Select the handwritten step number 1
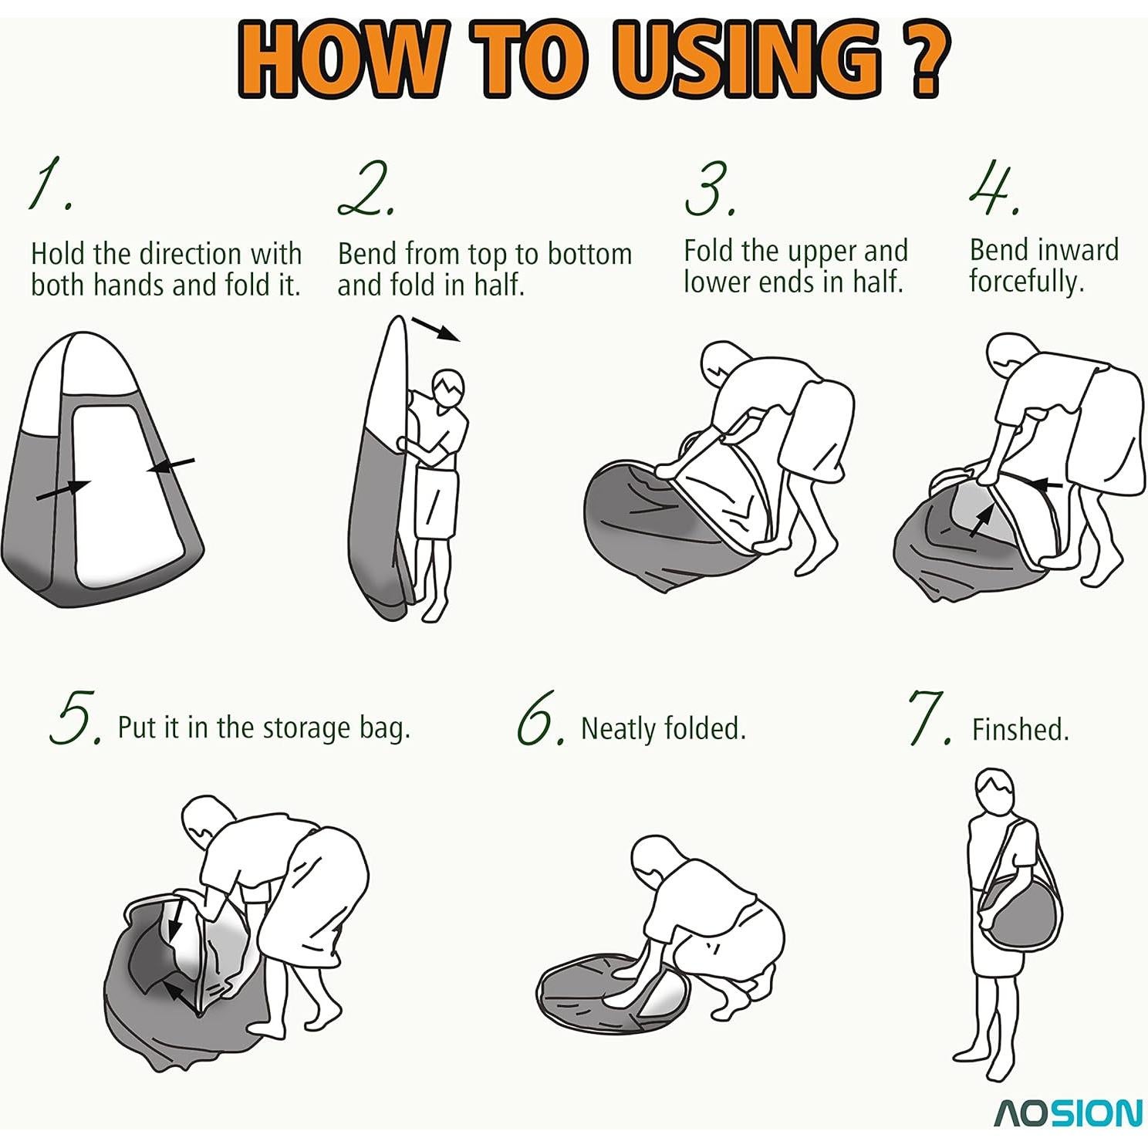pos(49,184)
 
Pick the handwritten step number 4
pos(994,187)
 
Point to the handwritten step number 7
pos(928,718)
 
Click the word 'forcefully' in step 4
pos(1026,282)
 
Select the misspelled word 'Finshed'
pos(1020,729)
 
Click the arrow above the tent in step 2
pos(436,328)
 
